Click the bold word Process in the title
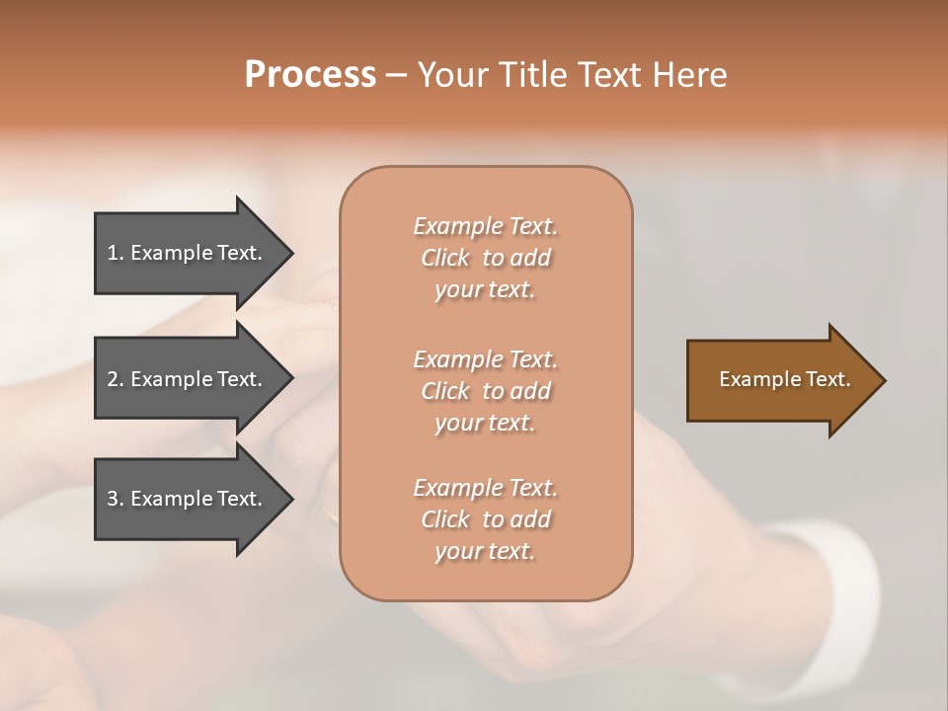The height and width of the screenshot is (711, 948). click(310, 75)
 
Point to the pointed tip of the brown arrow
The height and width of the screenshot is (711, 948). click(881, 380)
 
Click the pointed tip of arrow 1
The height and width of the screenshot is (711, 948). click(288, 253)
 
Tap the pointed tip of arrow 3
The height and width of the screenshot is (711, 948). click(288, 499)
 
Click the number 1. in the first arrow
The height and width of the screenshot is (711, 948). click(116, 253)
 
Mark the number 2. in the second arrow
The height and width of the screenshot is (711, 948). click(116, 379)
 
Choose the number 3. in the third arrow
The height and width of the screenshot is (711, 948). click(116, 499)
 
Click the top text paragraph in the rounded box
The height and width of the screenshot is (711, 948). click(485, 258)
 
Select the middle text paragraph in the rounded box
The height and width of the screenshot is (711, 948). click(485, 390)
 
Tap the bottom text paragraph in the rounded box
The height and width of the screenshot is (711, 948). click(485, 519)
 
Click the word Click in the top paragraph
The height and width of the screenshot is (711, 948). click(445, 258)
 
